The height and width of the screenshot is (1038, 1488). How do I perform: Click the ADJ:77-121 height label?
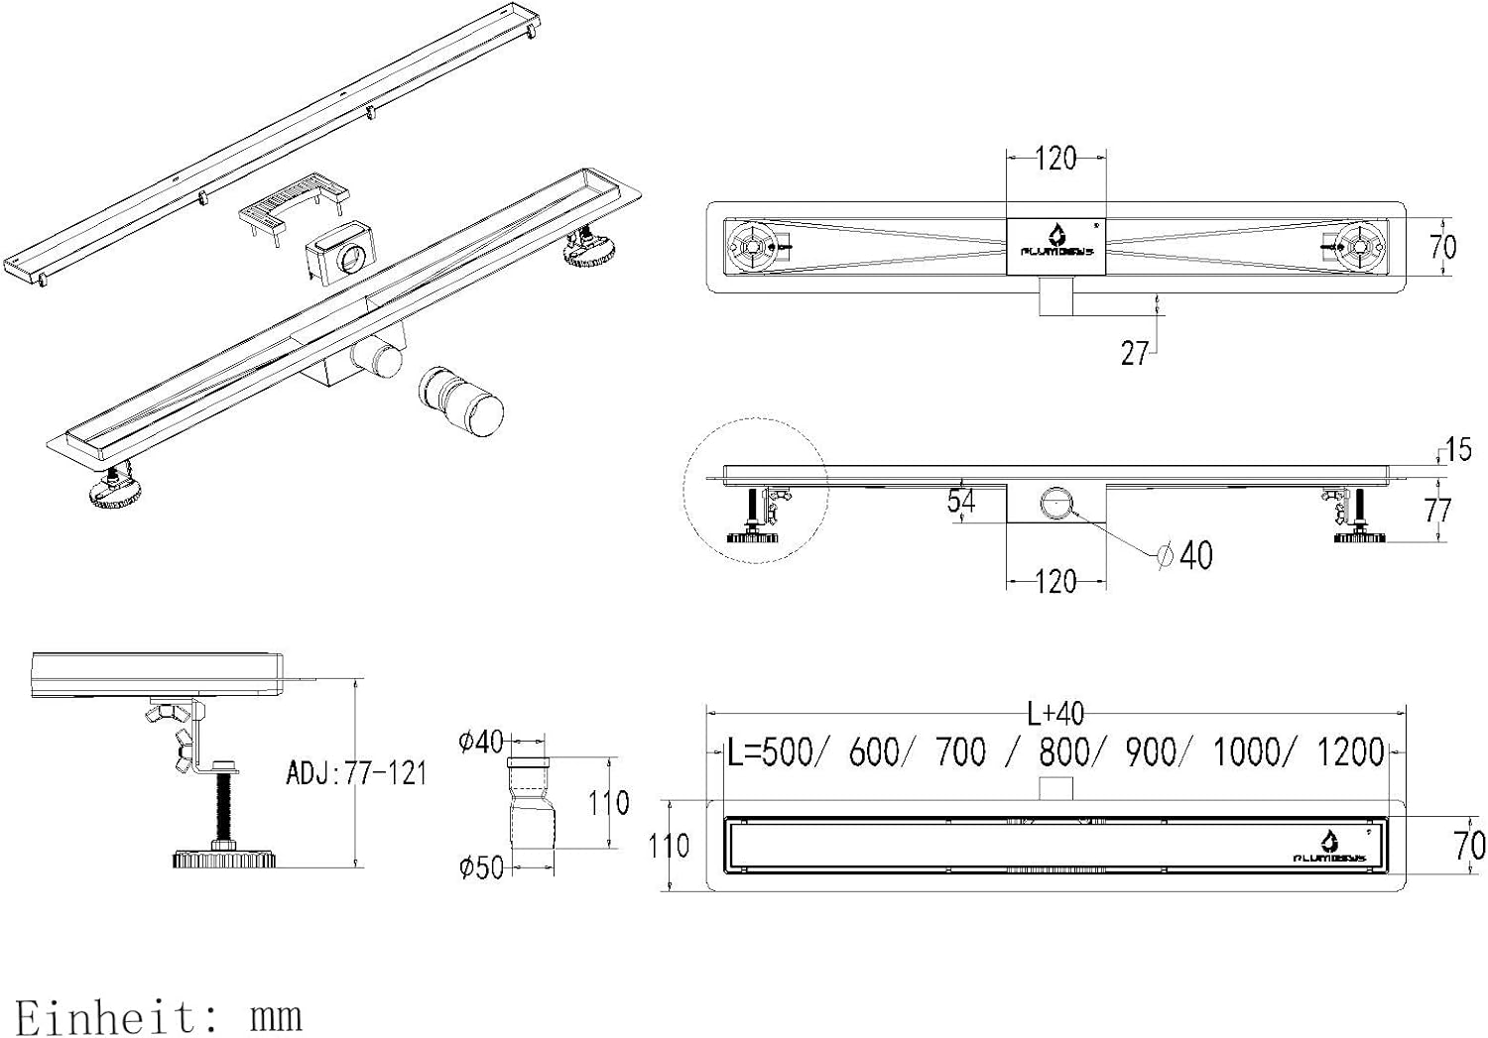[356, 772]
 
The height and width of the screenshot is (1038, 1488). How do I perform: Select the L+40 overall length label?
[1055, 713]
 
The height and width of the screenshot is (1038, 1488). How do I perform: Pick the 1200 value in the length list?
[1350, 752]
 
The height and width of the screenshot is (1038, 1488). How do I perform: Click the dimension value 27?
[1134, 353]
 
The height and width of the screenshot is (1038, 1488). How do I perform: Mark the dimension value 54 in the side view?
[960, 502]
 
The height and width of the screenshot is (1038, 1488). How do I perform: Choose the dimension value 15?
[1457, 449]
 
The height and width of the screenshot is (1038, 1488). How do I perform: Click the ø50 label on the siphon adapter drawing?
[481, 867]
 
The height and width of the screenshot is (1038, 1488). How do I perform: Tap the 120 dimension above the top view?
[1055, 159]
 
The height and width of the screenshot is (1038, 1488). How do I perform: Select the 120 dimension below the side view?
[1055, 581]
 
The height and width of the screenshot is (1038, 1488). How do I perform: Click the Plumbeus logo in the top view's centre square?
[1056, 243]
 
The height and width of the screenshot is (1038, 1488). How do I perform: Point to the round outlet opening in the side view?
[1056, 503]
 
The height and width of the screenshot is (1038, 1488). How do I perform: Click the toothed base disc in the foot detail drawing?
[223, 859]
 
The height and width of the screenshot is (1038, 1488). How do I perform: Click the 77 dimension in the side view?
[1437, 510]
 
